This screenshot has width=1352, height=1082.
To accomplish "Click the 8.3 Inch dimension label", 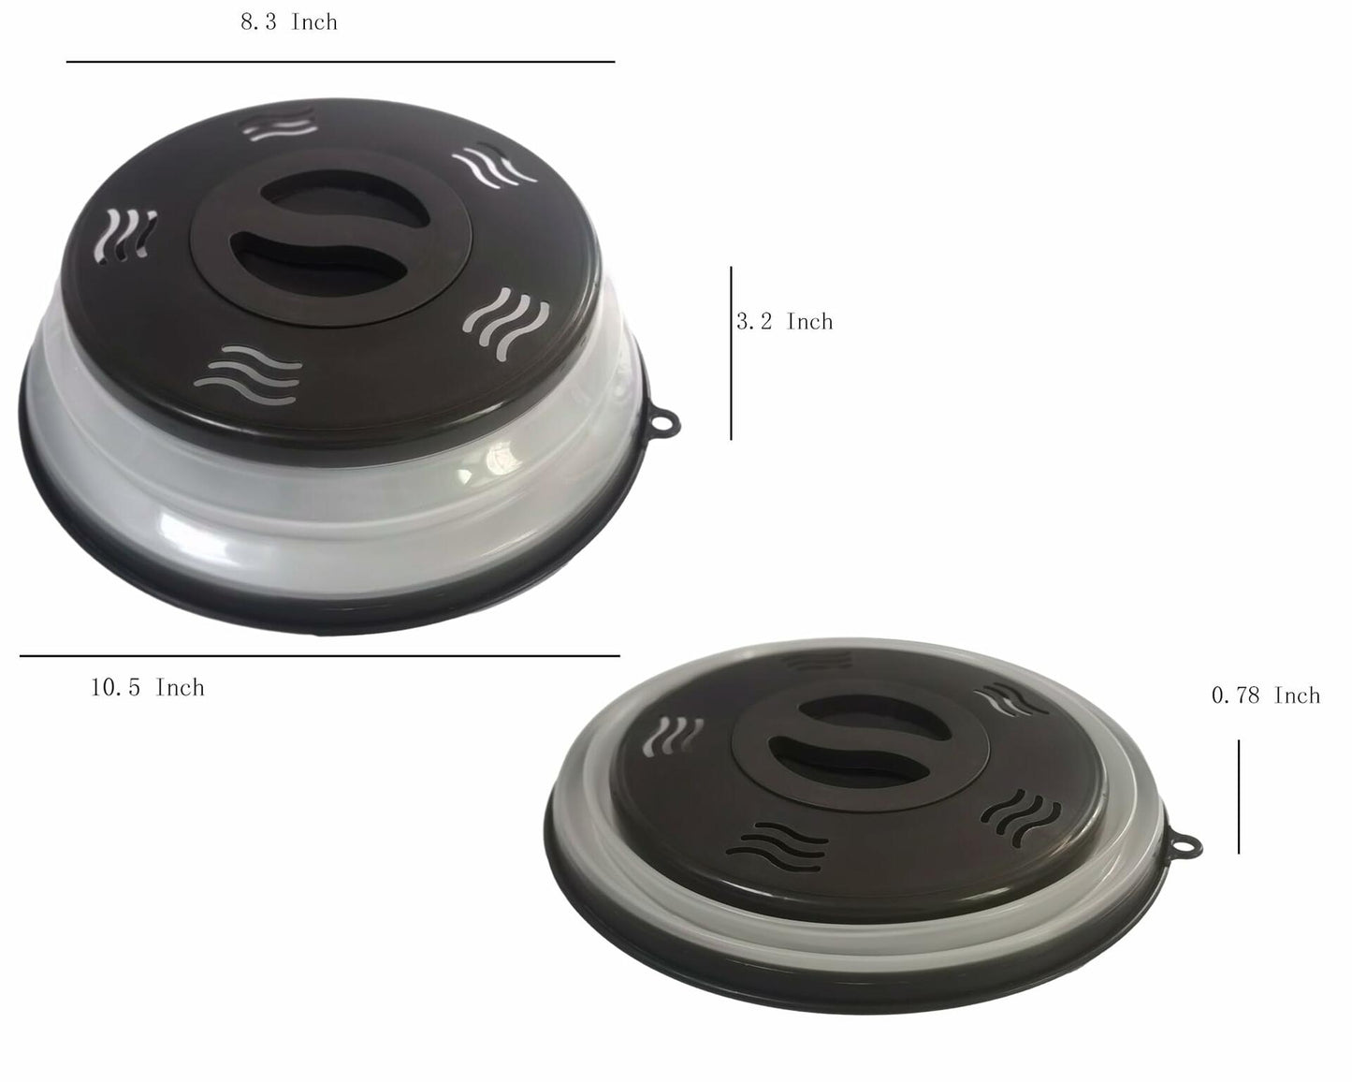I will pyautogui.click(x=288, y=22).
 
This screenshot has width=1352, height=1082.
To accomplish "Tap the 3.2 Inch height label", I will pyautogui.click(x=784, y=322).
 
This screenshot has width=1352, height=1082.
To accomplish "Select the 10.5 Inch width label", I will pyautogui.click(x=147, y=688).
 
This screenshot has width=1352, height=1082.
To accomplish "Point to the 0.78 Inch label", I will pyautogui.click(x=1265, y=695).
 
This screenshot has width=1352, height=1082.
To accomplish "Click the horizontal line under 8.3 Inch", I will pyautogui.click(x=341, y=62).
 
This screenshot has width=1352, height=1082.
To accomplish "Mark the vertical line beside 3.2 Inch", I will pyautogui.click(x=731, y=353).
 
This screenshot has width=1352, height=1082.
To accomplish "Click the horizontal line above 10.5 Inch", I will pyautogui.click(x=319, y=656).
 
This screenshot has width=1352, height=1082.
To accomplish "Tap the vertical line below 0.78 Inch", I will pyautogui.click(x=1239, y=797).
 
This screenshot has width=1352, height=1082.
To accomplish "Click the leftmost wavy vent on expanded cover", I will pyautogui.click(x=129, y=232).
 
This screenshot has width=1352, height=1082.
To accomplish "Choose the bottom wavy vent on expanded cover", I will pyautogui.click(x=251, y=372).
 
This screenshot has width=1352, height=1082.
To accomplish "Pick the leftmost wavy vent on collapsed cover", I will pyautogui.click(x=679, y=734).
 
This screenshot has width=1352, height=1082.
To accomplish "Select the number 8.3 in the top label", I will pyautogui.click(x=257, y=22).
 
